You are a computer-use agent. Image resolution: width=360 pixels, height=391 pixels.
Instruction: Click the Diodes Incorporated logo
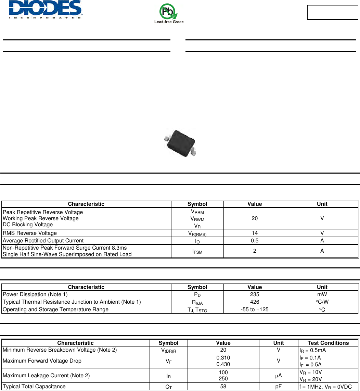point(45,10)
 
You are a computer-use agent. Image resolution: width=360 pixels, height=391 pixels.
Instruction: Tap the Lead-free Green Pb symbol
point(169,13)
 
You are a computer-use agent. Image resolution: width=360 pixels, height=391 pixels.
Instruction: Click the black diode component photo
point(180,143)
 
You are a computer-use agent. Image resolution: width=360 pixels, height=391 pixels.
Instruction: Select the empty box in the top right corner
point(332,12)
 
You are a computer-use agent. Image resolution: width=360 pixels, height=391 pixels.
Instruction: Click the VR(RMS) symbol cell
point(197,233)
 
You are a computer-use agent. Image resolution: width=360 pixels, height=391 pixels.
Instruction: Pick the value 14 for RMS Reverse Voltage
point(255,233)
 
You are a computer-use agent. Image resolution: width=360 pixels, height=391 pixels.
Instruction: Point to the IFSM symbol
point(197,251)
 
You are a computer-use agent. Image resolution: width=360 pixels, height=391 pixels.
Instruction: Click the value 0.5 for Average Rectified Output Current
point(255,241)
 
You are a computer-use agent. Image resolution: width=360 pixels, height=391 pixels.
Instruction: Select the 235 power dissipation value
point(255,294)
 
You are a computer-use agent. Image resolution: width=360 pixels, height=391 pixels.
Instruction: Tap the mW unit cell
point(322,294)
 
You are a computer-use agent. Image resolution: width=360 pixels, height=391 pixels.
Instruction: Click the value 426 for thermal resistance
point(255,302)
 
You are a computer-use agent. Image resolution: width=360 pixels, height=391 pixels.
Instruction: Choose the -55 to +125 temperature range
point(255,310)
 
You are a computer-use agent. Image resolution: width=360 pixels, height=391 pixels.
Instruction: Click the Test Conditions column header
point(328,343)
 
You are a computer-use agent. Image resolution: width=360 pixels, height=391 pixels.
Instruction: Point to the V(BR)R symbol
point(169,350)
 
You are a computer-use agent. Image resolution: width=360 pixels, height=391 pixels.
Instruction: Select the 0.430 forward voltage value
point(223,364)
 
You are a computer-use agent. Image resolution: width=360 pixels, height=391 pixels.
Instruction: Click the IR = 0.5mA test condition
point(312,350)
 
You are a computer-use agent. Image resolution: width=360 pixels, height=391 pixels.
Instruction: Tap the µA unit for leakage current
point(279,376)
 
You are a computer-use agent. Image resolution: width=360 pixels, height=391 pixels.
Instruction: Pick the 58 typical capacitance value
point(223,387)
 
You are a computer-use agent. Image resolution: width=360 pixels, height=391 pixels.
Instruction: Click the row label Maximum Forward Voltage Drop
point(42,361)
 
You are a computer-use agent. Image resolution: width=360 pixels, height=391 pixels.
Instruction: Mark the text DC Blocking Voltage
point(28,225)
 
